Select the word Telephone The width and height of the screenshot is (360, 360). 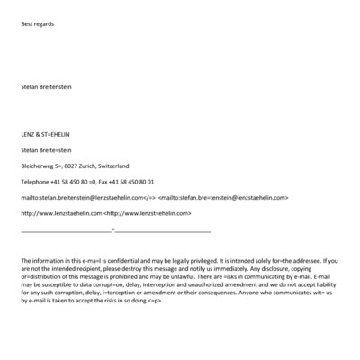pyautogui.click(x=35, y=182)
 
